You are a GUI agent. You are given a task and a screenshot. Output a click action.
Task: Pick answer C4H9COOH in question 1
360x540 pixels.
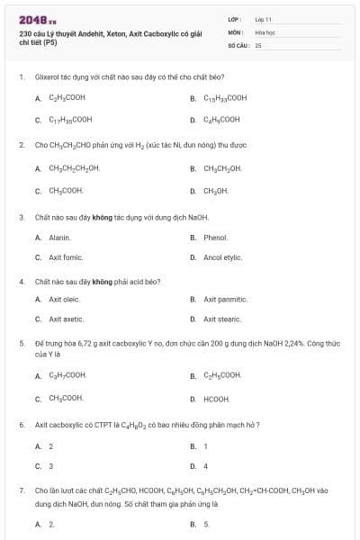click(x=221, y=119)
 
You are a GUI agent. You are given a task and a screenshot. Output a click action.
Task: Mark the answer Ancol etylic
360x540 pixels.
click(x=222, y=257)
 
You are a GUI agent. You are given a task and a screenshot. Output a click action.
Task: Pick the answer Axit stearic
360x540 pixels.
click(x=223, y=319)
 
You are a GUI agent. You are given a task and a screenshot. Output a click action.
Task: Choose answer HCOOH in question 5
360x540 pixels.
click(x=216, y=398)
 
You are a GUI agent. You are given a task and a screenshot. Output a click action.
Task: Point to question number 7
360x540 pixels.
click(x=22, y=490)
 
